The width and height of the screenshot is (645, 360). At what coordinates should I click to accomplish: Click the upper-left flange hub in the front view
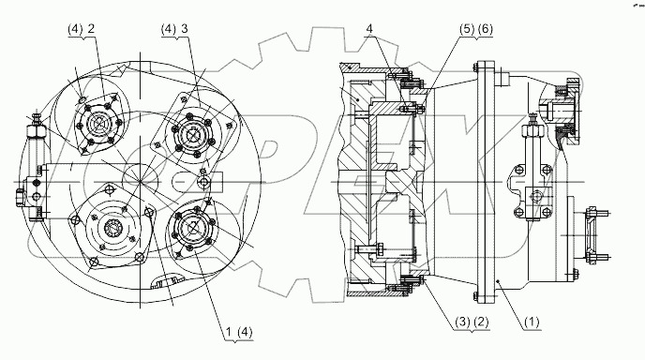click(97, 123)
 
